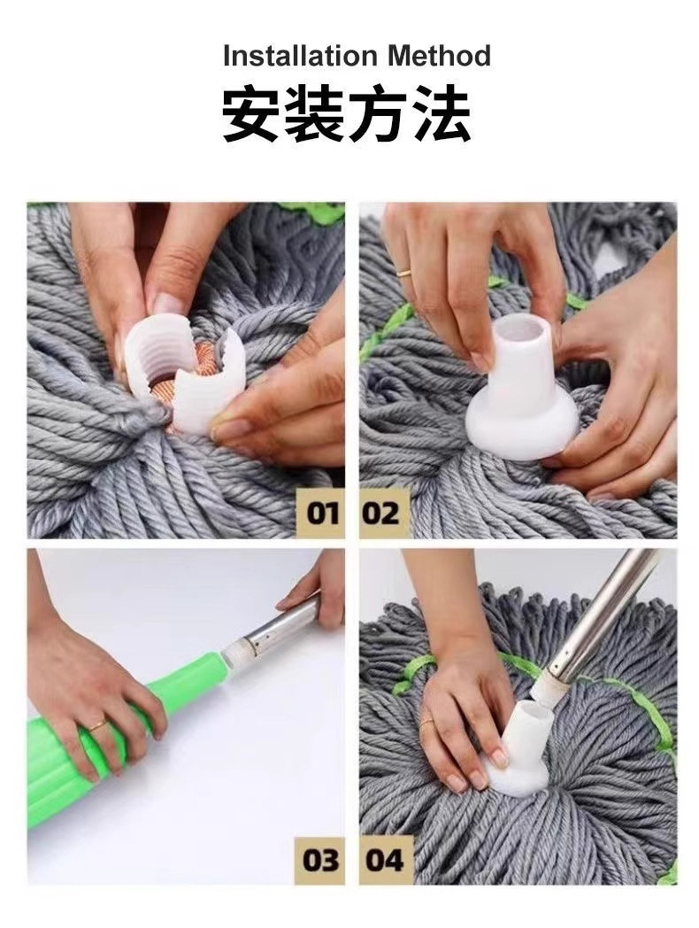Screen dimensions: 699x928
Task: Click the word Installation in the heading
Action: (x=300, y=56)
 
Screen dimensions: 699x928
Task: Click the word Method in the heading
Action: (x=440, y=56)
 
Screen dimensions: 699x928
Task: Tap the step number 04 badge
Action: (x=385, y=860)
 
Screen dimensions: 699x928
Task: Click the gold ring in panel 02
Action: (x=404, y=273)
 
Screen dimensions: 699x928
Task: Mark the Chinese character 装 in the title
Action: (x=315, y=113)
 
